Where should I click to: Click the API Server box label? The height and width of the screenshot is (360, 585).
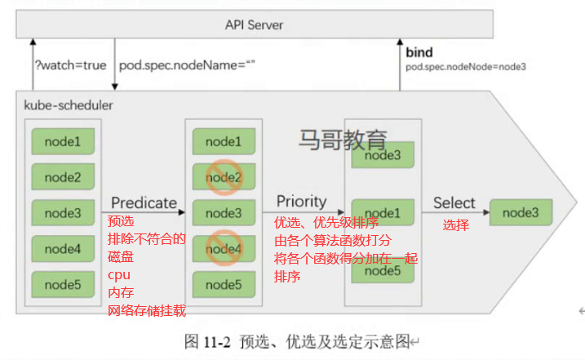point(254,25)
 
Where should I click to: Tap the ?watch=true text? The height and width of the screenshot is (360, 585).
point(70,65)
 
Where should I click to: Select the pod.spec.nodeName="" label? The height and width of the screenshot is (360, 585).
point(187,65)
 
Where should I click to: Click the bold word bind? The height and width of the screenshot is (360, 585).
point(419,52)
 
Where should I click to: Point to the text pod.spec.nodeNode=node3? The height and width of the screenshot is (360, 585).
point(466,67)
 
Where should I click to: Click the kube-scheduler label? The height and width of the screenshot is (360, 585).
point(69,105)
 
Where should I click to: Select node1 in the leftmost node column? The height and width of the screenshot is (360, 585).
point(63,141)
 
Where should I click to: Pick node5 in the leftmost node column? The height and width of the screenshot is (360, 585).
point(63,285)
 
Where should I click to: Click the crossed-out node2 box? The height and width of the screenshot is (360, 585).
point(224,177)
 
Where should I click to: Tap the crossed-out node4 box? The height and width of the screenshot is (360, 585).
point(224,249)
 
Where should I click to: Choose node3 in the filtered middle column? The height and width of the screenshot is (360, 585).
point(224,213)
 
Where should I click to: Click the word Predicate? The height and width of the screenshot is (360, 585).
point(144,202)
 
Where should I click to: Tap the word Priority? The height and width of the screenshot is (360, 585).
point(301,202)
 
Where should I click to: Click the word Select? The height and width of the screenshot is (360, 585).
point(454,202)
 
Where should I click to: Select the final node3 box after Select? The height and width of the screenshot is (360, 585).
point(521,212)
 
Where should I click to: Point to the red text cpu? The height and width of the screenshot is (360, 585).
point(119,275)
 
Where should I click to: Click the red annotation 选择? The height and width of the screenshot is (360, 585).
point(456,225)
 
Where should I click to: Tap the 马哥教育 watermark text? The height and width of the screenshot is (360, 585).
point(343,140)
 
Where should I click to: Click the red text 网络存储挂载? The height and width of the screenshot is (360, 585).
point(147,311)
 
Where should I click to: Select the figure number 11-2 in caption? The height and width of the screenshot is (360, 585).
point(217,342)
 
